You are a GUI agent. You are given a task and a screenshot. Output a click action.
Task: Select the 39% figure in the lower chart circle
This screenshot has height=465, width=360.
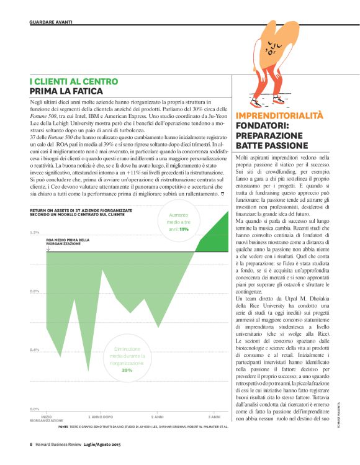coord(127,370)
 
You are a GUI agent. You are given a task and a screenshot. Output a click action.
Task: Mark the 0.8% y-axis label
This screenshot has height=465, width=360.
coord(35,291)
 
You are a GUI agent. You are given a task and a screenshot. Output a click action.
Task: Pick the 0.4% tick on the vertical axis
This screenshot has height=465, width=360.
coord(35,350)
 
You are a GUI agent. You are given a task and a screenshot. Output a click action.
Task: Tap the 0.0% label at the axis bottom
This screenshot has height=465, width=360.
coord(35,409)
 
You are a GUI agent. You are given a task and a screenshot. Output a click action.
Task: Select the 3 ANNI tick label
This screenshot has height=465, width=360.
coord(214,417)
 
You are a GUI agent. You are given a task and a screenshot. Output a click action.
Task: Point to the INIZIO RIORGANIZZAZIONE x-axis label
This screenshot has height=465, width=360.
coord(47,418)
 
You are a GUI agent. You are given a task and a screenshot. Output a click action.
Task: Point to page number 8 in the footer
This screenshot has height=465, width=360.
coord(31,444)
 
